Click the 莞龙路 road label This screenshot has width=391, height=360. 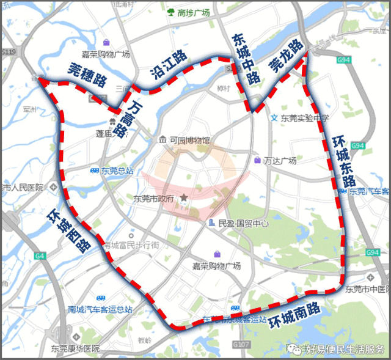pyautogui.click(x=286, y=57)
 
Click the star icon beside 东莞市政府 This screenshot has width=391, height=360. pyautogui.click(x=181, y=199)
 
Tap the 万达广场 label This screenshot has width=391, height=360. pyautogui.click(x=280, y=161)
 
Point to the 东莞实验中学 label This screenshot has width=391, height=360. pyautogui.click(x=304, y=117)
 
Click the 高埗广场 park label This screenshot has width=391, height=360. pyautogui.click(x=193, y=12)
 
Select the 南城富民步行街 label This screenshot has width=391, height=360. pyautogui.click(x=131, y=245)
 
